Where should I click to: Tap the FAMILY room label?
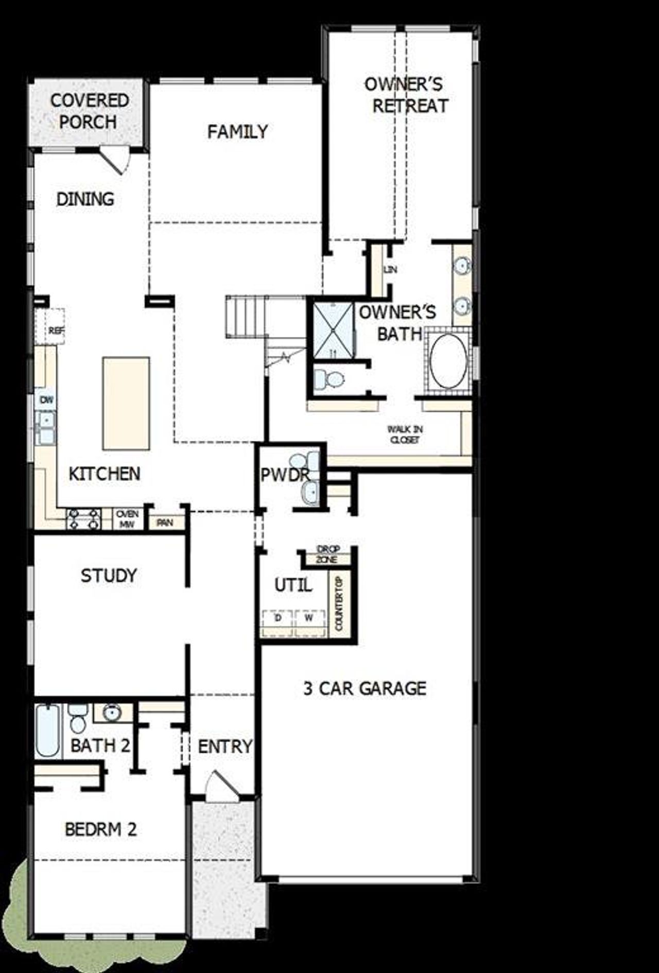237,132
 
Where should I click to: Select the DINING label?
85,199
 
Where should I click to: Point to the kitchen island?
126,404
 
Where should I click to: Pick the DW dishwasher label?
46,400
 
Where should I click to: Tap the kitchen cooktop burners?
83,519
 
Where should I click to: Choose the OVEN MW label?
127,519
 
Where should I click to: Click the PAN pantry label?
165,523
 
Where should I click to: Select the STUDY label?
109,576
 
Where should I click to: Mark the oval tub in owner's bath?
448,362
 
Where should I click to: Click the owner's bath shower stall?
333,329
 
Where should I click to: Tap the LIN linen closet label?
390,269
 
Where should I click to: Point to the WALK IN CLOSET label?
405,435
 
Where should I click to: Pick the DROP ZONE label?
327,554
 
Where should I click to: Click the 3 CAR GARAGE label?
365,688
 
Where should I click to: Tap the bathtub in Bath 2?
48,731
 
